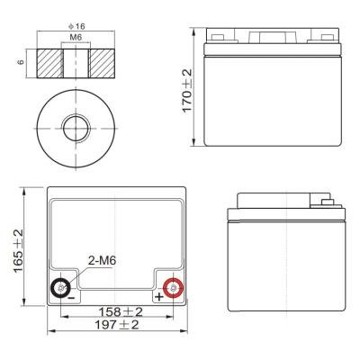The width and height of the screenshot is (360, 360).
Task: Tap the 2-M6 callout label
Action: [103, 261]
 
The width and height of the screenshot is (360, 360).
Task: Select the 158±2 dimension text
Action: [121, 312]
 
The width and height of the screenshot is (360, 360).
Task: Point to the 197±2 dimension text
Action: [117, 325]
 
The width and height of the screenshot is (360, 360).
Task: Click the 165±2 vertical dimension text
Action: [19, 251]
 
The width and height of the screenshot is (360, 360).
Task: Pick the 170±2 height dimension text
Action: [187, 90]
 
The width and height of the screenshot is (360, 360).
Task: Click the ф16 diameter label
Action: [76, 26]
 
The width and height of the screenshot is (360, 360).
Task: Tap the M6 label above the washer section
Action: [76, 37]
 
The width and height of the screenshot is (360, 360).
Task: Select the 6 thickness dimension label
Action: [21, 62]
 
